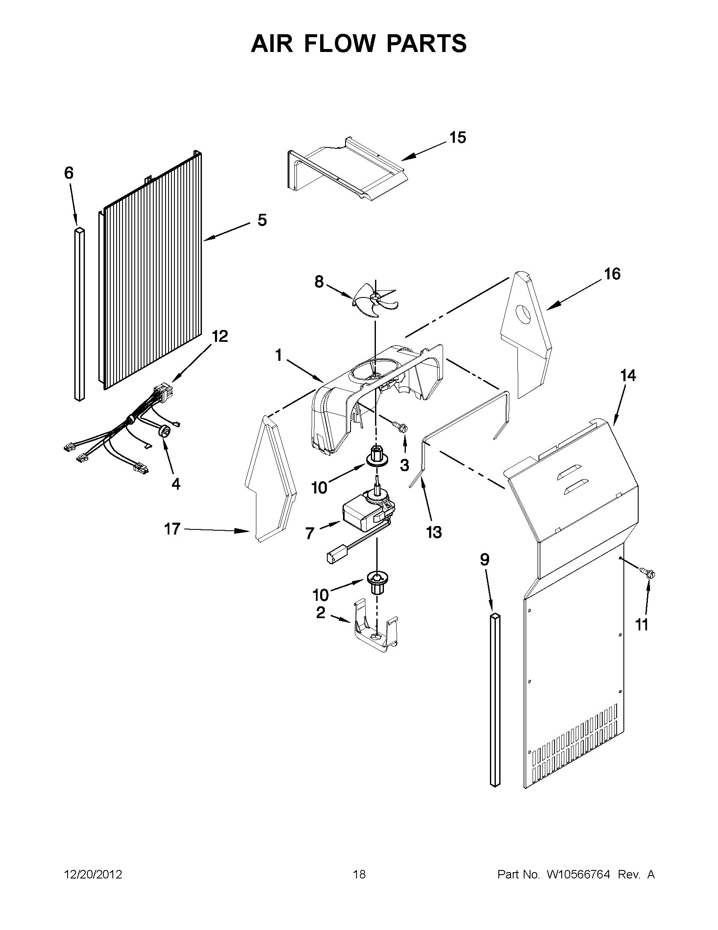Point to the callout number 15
tap(458, 138)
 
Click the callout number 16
tap(612, 274)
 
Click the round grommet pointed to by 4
tap(165, 432)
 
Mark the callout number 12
tap(220, 336)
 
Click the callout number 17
tap(172, 529)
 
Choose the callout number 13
tap(434, 532)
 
